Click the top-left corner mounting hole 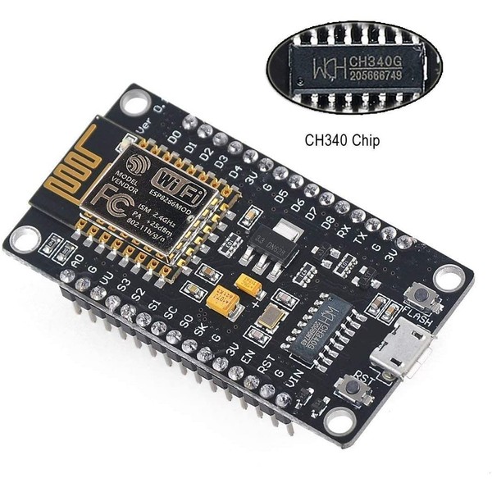point(132,103)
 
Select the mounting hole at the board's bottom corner point(337,421)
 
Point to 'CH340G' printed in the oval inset point(375,60)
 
